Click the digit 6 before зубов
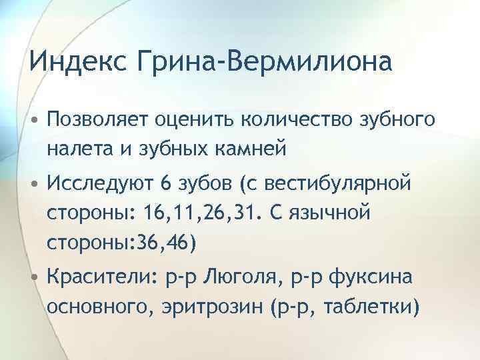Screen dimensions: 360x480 coord(166,183)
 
